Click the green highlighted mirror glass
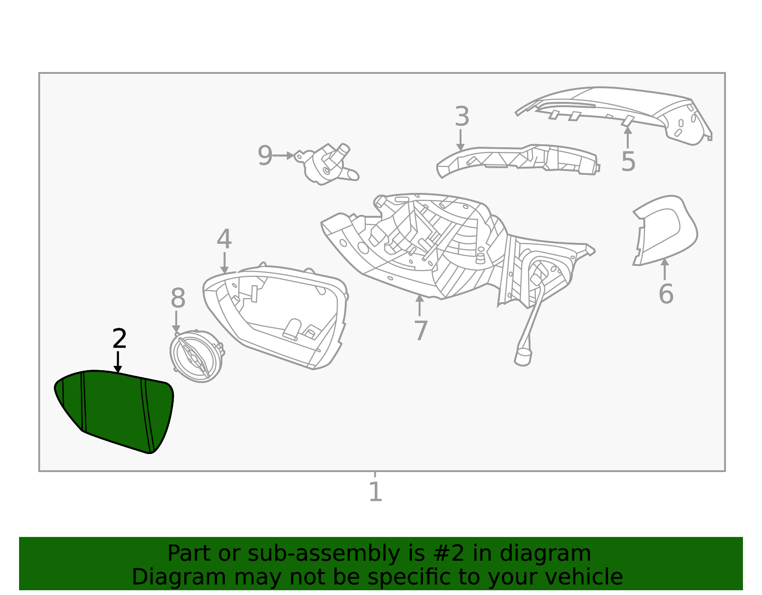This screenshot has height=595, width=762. click(114, 410)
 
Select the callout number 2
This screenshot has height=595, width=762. click(119, 339)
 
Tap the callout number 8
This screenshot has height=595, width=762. click(178, 299)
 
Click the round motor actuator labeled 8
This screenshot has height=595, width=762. click(196, 356)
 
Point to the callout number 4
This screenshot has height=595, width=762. click(224, 239)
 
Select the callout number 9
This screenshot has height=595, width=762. click(265, 155)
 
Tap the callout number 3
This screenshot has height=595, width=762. click(461, 117)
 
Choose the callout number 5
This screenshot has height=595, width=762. click(628, 161)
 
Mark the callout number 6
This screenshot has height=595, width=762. click(665, 293)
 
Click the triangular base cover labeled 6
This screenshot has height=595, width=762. click(664, 229)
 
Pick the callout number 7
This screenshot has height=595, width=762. click(420, 331)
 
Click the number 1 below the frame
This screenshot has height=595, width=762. click(375, 492)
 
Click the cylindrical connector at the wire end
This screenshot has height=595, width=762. click(523, 357)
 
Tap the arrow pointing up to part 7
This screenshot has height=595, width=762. click(420, 305)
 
